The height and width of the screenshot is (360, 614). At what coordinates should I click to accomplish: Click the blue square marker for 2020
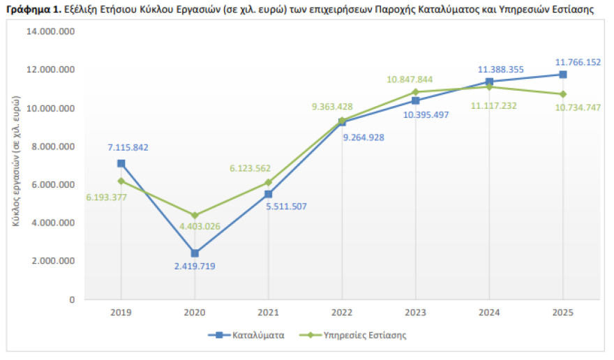[195, 253]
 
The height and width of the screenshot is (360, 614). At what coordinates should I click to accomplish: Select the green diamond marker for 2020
[195, 216]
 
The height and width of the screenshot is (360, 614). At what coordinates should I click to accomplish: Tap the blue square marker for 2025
[562, 75]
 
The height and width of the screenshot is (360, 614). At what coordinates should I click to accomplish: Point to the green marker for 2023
[415, 92]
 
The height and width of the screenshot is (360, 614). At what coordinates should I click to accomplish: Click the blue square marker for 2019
[121, 163]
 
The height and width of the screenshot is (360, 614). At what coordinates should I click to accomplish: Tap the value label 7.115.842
[128, 148]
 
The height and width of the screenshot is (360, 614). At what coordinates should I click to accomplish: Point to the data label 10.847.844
[410, 80]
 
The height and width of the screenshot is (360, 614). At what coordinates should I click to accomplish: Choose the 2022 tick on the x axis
[342, 313]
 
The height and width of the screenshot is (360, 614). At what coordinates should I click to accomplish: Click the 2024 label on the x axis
[488, 313]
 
